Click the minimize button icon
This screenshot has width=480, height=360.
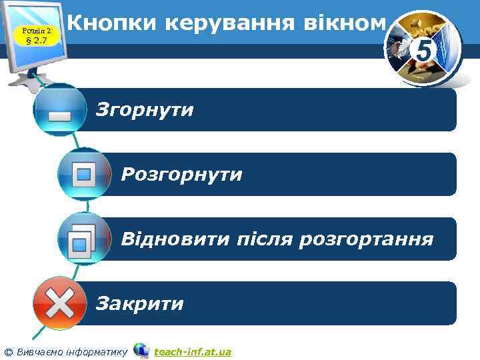click(x=60, y=109)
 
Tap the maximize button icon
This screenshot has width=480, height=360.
click(x=84, y=174)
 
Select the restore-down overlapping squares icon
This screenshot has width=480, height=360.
click(x=83, y=239)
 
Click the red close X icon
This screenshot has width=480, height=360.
click(x=59, y=304)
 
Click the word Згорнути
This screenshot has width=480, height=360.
click(x=145, y=109)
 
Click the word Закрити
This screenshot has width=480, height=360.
click(x=140, y=304)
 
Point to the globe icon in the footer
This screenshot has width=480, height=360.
click(x=141, y=350)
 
